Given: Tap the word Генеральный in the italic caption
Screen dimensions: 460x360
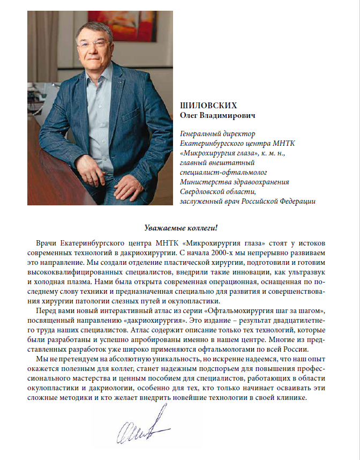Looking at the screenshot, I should coord(202,133).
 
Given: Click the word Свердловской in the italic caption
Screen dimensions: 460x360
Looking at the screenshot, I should coord(204,191).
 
